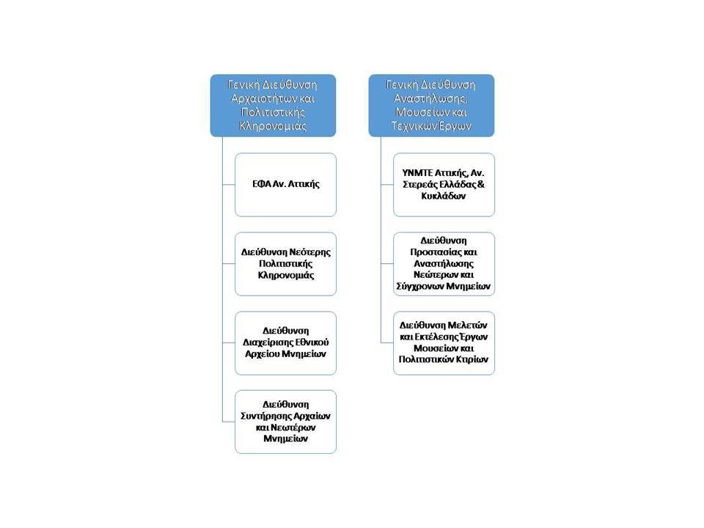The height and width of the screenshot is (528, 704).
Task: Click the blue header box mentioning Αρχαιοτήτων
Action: [x=273, y=106]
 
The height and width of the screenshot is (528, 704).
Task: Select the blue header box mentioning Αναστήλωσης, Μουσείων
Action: [x=431, y=106]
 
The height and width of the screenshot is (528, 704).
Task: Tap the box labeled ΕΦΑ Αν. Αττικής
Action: [x=285, y=185]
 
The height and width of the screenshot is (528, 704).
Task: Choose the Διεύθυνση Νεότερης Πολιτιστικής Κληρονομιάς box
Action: [x=285, y=264]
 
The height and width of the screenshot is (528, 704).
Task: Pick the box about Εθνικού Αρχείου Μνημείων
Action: [x=285, y=343]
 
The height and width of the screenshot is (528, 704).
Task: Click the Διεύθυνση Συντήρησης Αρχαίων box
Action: [x=285, y=422]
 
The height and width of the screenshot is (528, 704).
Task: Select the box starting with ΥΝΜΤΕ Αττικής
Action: [x=444, y=185]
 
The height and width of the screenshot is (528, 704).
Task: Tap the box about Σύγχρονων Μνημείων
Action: [x=444, y=264]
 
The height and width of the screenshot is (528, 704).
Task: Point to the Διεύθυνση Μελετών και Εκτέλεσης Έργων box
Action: [x=444, y=343]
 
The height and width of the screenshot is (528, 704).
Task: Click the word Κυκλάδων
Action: [x=444, y=196]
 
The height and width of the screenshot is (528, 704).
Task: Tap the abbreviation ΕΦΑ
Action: [x=261, y=184]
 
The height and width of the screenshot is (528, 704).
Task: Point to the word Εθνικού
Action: [x=311, y=342]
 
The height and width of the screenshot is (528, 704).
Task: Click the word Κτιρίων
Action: [x=472, y=359]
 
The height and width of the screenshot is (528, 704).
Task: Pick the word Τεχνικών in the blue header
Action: [x=411, y=125]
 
